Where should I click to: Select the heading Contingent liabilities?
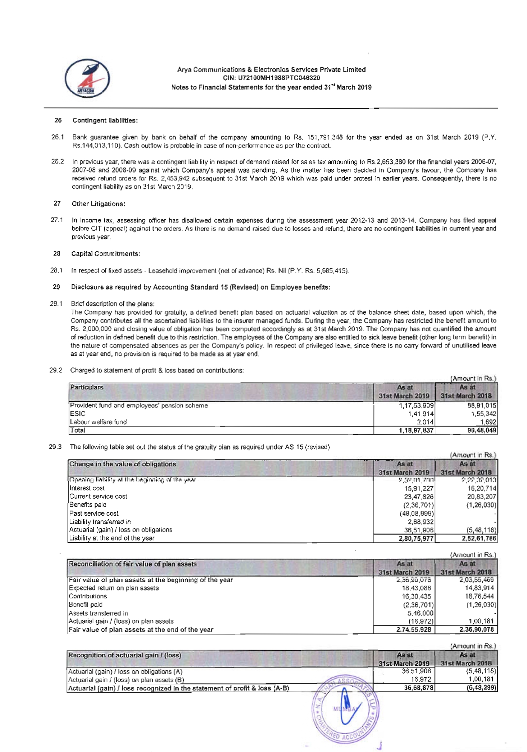(105, 120)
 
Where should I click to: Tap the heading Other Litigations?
(98, 203)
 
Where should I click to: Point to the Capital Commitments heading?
(106, 253)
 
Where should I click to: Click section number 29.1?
(56, 304)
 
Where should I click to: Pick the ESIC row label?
(78, 413)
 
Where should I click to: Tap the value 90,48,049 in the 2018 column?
(482, 430)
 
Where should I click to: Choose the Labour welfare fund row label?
(98, 422)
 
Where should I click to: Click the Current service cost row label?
(98, 496)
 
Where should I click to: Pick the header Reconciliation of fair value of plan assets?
(133, 564)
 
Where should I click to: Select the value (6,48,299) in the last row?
(482, 688)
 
